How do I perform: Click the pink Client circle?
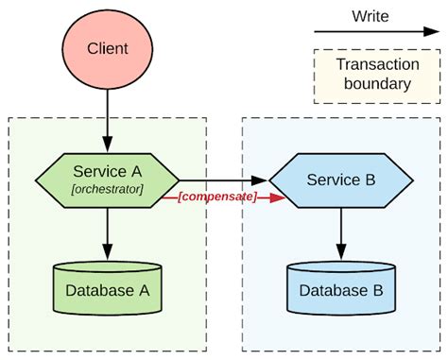(107, 47)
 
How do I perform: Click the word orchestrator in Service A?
(107, 190)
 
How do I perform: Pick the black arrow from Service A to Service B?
(223, 180)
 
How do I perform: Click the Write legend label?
(370, 16)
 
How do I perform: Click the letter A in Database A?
(144, 291)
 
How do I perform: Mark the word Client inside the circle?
(107, 48)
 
